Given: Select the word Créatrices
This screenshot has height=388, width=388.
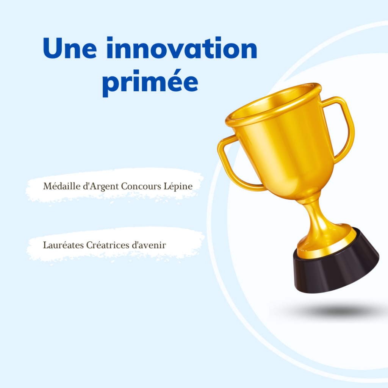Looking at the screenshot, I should coord(107,245).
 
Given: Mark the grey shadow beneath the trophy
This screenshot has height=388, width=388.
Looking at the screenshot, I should coord(333,311).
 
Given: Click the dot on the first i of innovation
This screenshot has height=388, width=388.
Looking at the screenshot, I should coord(110,39).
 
